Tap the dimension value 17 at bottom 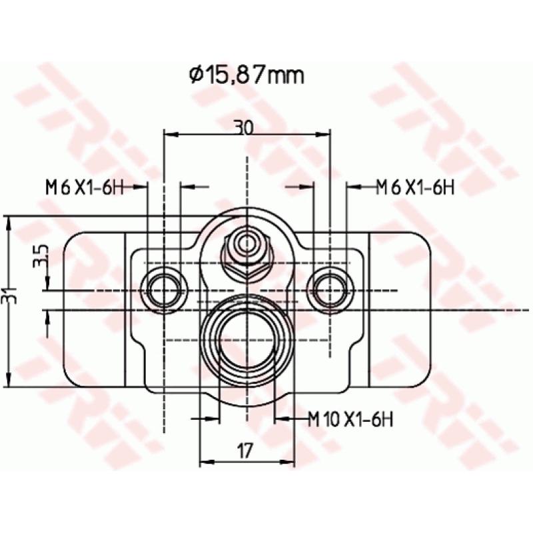point(245,451)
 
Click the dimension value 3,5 point(41,256)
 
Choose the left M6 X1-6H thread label point(85,188)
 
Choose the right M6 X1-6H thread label point(414,188)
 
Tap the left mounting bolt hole point(164,290)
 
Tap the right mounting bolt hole point(330,290)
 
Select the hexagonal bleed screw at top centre point(247,252)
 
